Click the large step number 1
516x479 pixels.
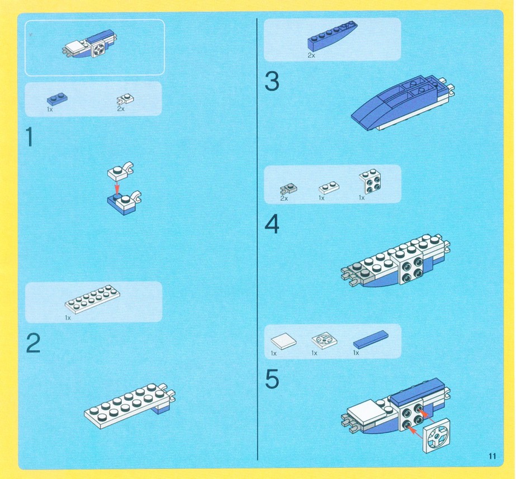[30, 137]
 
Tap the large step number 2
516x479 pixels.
[33, 343]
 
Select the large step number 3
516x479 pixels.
[272, 81]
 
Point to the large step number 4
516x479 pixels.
[272, 224]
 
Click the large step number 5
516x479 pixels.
[272, 379]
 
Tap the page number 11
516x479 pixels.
[493, 456]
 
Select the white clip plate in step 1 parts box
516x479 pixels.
[125, 99]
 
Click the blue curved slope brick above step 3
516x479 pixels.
[333, 36]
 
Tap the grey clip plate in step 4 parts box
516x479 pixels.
[288, 189]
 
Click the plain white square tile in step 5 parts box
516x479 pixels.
[283, 341]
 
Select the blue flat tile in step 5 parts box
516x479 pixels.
[371, 339]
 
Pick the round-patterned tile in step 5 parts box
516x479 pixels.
[324, 340]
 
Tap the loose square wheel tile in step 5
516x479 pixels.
[436, 435]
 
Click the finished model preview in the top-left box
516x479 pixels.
[89, 45]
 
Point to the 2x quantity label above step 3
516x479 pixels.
[311, 55]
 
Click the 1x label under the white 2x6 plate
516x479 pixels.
[68, 318]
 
